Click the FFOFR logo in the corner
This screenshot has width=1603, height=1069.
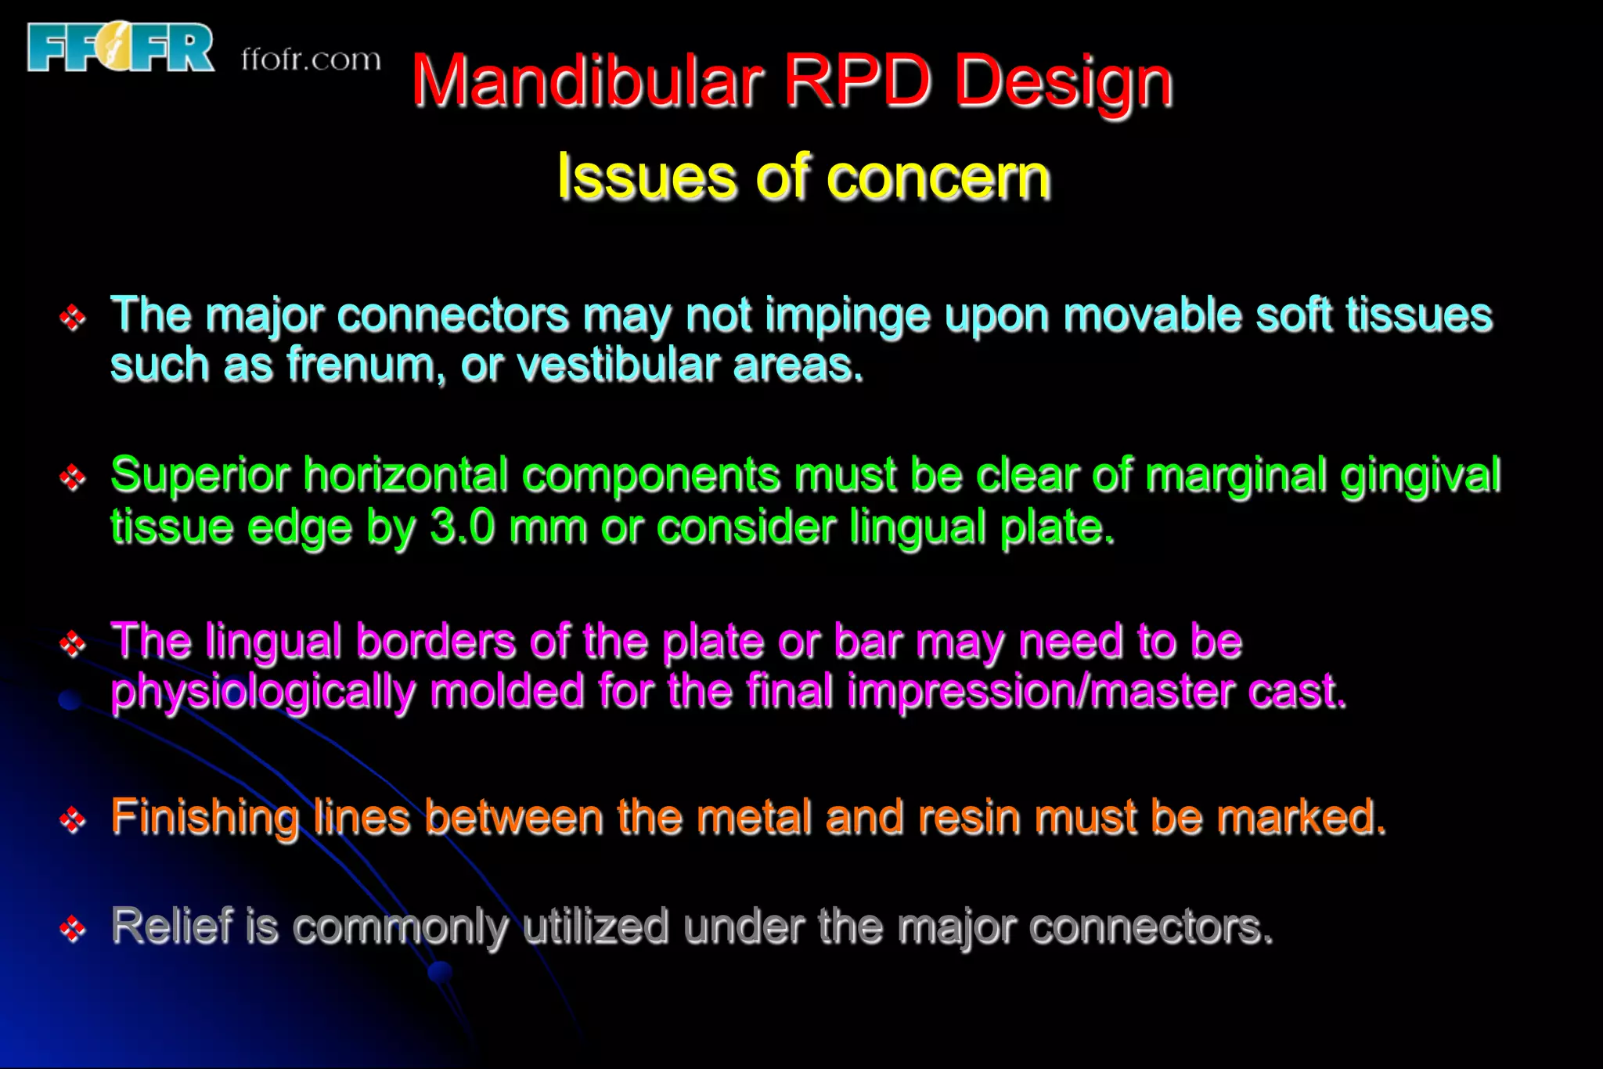pos(121,48)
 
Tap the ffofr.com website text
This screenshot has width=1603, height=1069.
pos(311,60)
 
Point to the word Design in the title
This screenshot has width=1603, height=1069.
pos(1063,83)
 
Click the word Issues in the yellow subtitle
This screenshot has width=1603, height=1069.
pos(646,177)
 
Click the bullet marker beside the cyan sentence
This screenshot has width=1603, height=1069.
pos(73,317)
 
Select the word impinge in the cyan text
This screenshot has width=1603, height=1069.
pos(846,317)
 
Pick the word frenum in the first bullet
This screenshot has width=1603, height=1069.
pos(361,365)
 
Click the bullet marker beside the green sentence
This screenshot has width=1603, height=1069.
pos(73,477)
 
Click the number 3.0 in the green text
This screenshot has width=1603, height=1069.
pos(462,527)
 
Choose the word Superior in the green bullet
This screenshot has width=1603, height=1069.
pos(200,475)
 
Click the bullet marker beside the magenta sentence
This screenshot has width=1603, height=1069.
pos(73,643)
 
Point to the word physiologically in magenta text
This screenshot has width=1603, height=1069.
pos(262,693)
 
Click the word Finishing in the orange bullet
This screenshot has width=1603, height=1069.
pos(204,818)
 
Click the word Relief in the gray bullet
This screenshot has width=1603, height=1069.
pos(172,926)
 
